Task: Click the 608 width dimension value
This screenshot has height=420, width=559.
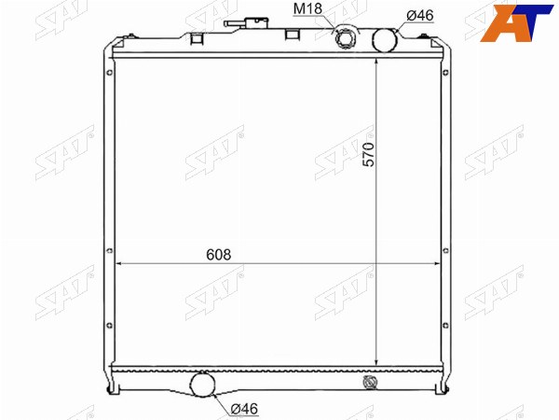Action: coord(219,255)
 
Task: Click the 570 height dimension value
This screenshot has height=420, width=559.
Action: coord(369,154)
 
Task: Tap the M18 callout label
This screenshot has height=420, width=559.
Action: coord(307,9)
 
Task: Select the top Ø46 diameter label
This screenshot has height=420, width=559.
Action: coord(420,15)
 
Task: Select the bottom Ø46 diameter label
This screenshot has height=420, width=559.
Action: coord(244,409)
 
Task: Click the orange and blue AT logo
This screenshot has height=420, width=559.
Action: coord(516,23)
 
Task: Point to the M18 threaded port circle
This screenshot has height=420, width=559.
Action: coord(345,38)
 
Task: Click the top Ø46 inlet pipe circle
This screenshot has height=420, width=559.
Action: coord(385,39)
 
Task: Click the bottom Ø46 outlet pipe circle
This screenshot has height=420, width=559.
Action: coord(203,385)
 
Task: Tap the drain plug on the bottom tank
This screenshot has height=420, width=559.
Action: coord(369,382)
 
